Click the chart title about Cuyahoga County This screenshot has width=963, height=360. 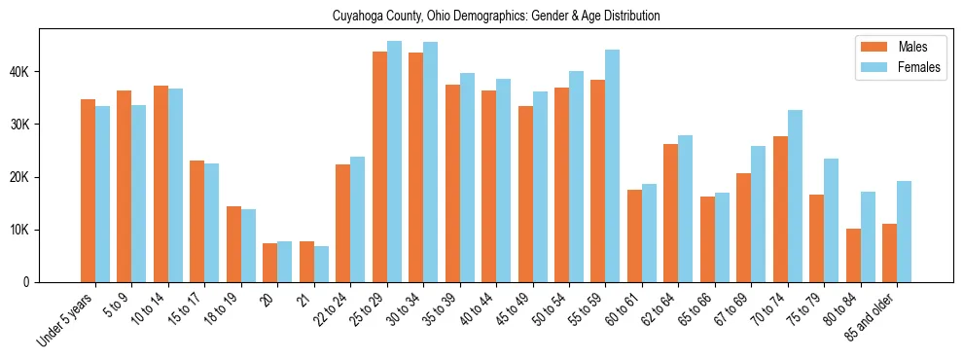(x=481, y=16)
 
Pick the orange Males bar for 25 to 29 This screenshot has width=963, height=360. (x=379, y=166)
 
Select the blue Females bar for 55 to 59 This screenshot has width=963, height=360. (x=613, y=165)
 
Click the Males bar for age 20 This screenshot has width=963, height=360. (x=269, y=263)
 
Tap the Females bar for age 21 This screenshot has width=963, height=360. (x=321, y=264)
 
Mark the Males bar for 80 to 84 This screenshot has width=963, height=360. (x=853, y=255)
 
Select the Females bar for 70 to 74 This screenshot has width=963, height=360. (x=795, y=196)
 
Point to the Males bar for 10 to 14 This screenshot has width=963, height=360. (x=160, y=184)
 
